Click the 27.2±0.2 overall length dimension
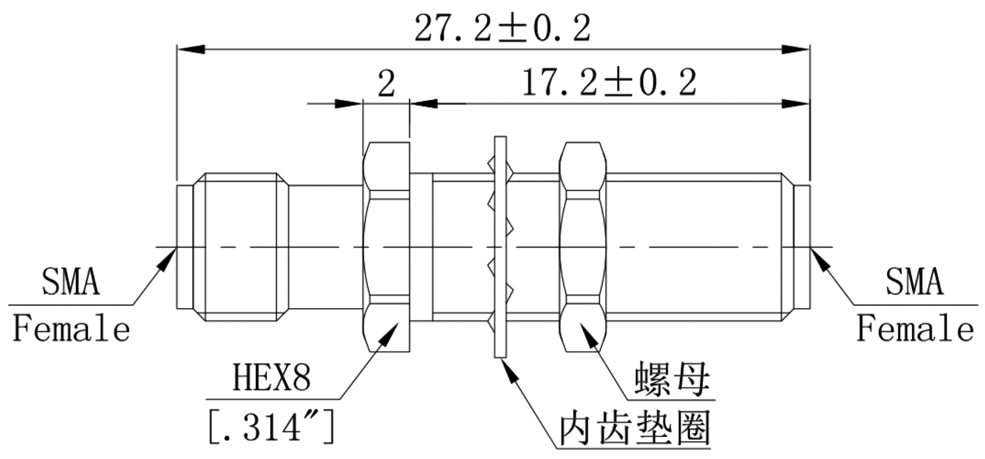tap(502, 29)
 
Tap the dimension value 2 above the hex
tap(386, 85)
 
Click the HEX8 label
tap(272, 380)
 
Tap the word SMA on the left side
tap(71, 283)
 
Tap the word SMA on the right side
tap(914, 283)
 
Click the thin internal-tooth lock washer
tap(500, 247)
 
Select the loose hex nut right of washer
tap(584, 247)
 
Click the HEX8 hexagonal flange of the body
tap(385, 247)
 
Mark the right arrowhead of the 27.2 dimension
tap(796, 50)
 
